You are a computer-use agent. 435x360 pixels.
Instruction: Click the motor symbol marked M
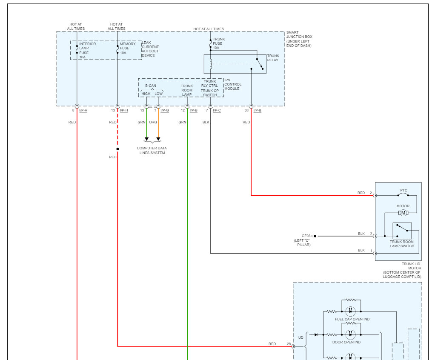coord(403,213)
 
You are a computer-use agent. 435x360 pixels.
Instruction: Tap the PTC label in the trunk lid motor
coord(404,190)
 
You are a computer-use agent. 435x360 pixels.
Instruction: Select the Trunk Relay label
coord(273,58)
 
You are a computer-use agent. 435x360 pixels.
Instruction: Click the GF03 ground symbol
coord(314,236)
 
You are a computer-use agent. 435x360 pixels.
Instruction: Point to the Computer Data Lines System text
coord(152,150)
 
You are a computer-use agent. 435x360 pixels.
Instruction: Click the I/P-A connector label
coord(83,110)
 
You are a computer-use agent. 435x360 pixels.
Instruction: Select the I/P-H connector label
coord(124,110)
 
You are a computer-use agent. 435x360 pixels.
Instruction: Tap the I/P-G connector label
coord(165,110)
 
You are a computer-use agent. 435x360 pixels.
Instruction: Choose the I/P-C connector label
coord(217,110)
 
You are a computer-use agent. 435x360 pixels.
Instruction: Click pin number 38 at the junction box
coord(246,110)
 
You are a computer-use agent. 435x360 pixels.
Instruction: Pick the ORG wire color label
coord(153,122)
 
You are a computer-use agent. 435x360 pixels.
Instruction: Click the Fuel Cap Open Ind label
coord(352,319)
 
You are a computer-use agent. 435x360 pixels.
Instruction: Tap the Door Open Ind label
coord(346,342)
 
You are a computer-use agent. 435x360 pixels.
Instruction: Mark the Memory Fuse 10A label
coord(128,48)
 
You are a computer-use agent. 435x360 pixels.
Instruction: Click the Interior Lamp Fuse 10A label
coord(87,51)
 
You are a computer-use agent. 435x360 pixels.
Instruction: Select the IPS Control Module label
coord(233,84)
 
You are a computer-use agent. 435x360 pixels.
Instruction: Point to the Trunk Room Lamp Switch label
coord(402,244)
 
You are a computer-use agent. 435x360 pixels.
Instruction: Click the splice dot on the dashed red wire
coord(117,149)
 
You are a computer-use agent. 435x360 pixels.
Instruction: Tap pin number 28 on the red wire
coord(289,344)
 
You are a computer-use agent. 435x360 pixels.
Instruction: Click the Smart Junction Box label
coord(299,39)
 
